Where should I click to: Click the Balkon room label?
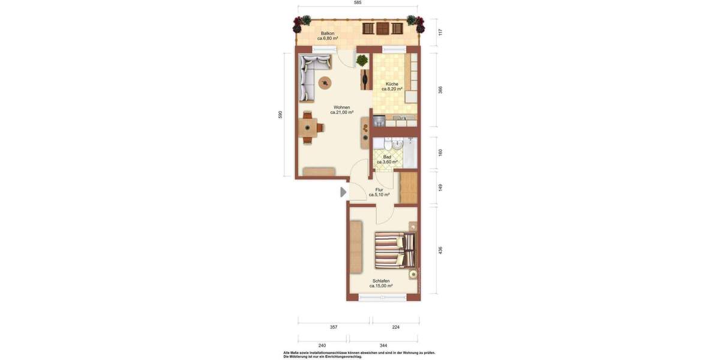(328, 35)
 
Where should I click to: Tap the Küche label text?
(392, 86)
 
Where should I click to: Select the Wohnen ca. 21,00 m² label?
(341, 110)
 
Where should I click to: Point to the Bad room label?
(387, 159)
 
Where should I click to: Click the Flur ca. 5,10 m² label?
(379, 192)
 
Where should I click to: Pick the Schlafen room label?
(381, 283)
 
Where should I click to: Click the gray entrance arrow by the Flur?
(343, 192)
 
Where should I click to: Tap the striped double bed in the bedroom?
(394, 250)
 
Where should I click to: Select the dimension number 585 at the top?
(358, 3)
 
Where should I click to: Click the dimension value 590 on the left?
(280, 115)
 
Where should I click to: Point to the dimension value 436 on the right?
(440, 250)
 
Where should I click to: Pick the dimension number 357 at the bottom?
(334, 327)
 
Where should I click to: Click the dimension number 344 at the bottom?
(383, 346)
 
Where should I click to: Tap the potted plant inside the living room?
(362, 61)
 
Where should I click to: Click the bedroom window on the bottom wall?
(382, 297)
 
